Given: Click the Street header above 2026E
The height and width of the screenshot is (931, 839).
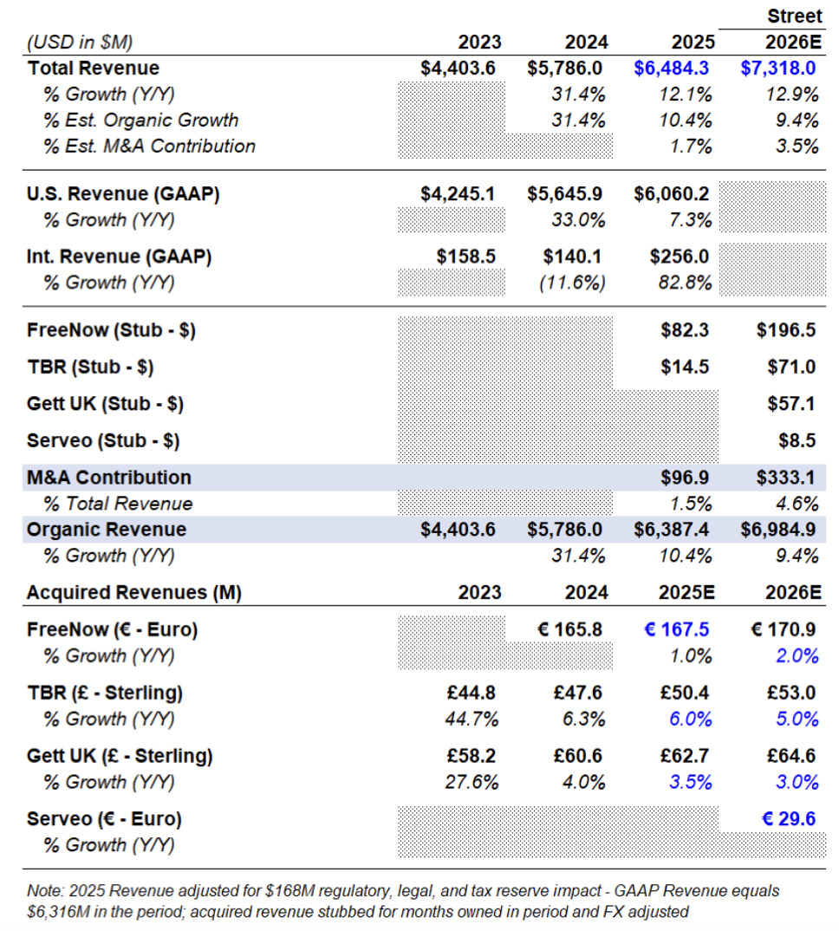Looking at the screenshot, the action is pyautogui.click(x=795, y=16).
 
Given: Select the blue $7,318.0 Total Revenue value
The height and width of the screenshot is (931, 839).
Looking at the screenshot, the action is pyautogui.click(x=777, y=68).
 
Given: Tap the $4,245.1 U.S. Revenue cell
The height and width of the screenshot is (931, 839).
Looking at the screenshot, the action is pyautogui.click(x=458, y=194).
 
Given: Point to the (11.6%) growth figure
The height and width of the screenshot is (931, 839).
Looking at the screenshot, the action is pyautogui.click(x=572, y=283).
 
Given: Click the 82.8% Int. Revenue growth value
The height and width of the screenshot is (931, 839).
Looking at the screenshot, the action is pyautogui.click(x=685, y=283).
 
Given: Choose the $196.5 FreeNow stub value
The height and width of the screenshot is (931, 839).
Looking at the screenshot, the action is pyautogui.click(x=785, y=330).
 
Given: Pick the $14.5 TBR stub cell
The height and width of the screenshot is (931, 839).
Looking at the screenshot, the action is pyautogui.click(x=685, y=367).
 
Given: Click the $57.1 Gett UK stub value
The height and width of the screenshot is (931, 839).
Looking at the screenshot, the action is pyautogui.click(x=791, y=404).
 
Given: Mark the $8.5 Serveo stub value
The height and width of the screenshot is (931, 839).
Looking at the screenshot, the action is pyautogui.click(x=797, y=440).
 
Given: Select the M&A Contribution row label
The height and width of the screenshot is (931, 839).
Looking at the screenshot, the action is pyautogui.click(x=109, y=478).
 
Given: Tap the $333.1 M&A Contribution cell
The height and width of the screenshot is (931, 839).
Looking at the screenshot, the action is pyautogui.click(x=785, y=478).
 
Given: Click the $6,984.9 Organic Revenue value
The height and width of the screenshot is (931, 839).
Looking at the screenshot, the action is pyautogui.click(x=777, y=530).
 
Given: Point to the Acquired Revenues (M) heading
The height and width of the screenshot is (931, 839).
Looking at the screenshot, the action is pyautogui.click(x=134, y=593).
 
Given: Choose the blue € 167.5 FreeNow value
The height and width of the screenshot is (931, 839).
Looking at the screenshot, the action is pyautogui.click(x=676, y=629).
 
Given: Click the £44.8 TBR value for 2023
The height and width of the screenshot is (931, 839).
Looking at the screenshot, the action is pyautogui.click(x=471, y=693).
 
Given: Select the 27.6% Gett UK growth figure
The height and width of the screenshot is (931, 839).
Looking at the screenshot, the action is pyautogui.click(x=472, y=782).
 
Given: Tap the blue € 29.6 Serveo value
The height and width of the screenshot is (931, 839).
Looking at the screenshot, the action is pyautogui.click(x=789, y=819).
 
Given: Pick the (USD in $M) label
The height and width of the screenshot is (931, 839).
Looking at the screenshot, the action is pyautogui.click(x=80, y=42).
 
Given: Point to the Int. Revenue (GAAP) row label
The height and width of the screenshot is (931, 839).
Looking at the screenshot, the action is pyautogui.click(x=119, y=257).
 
